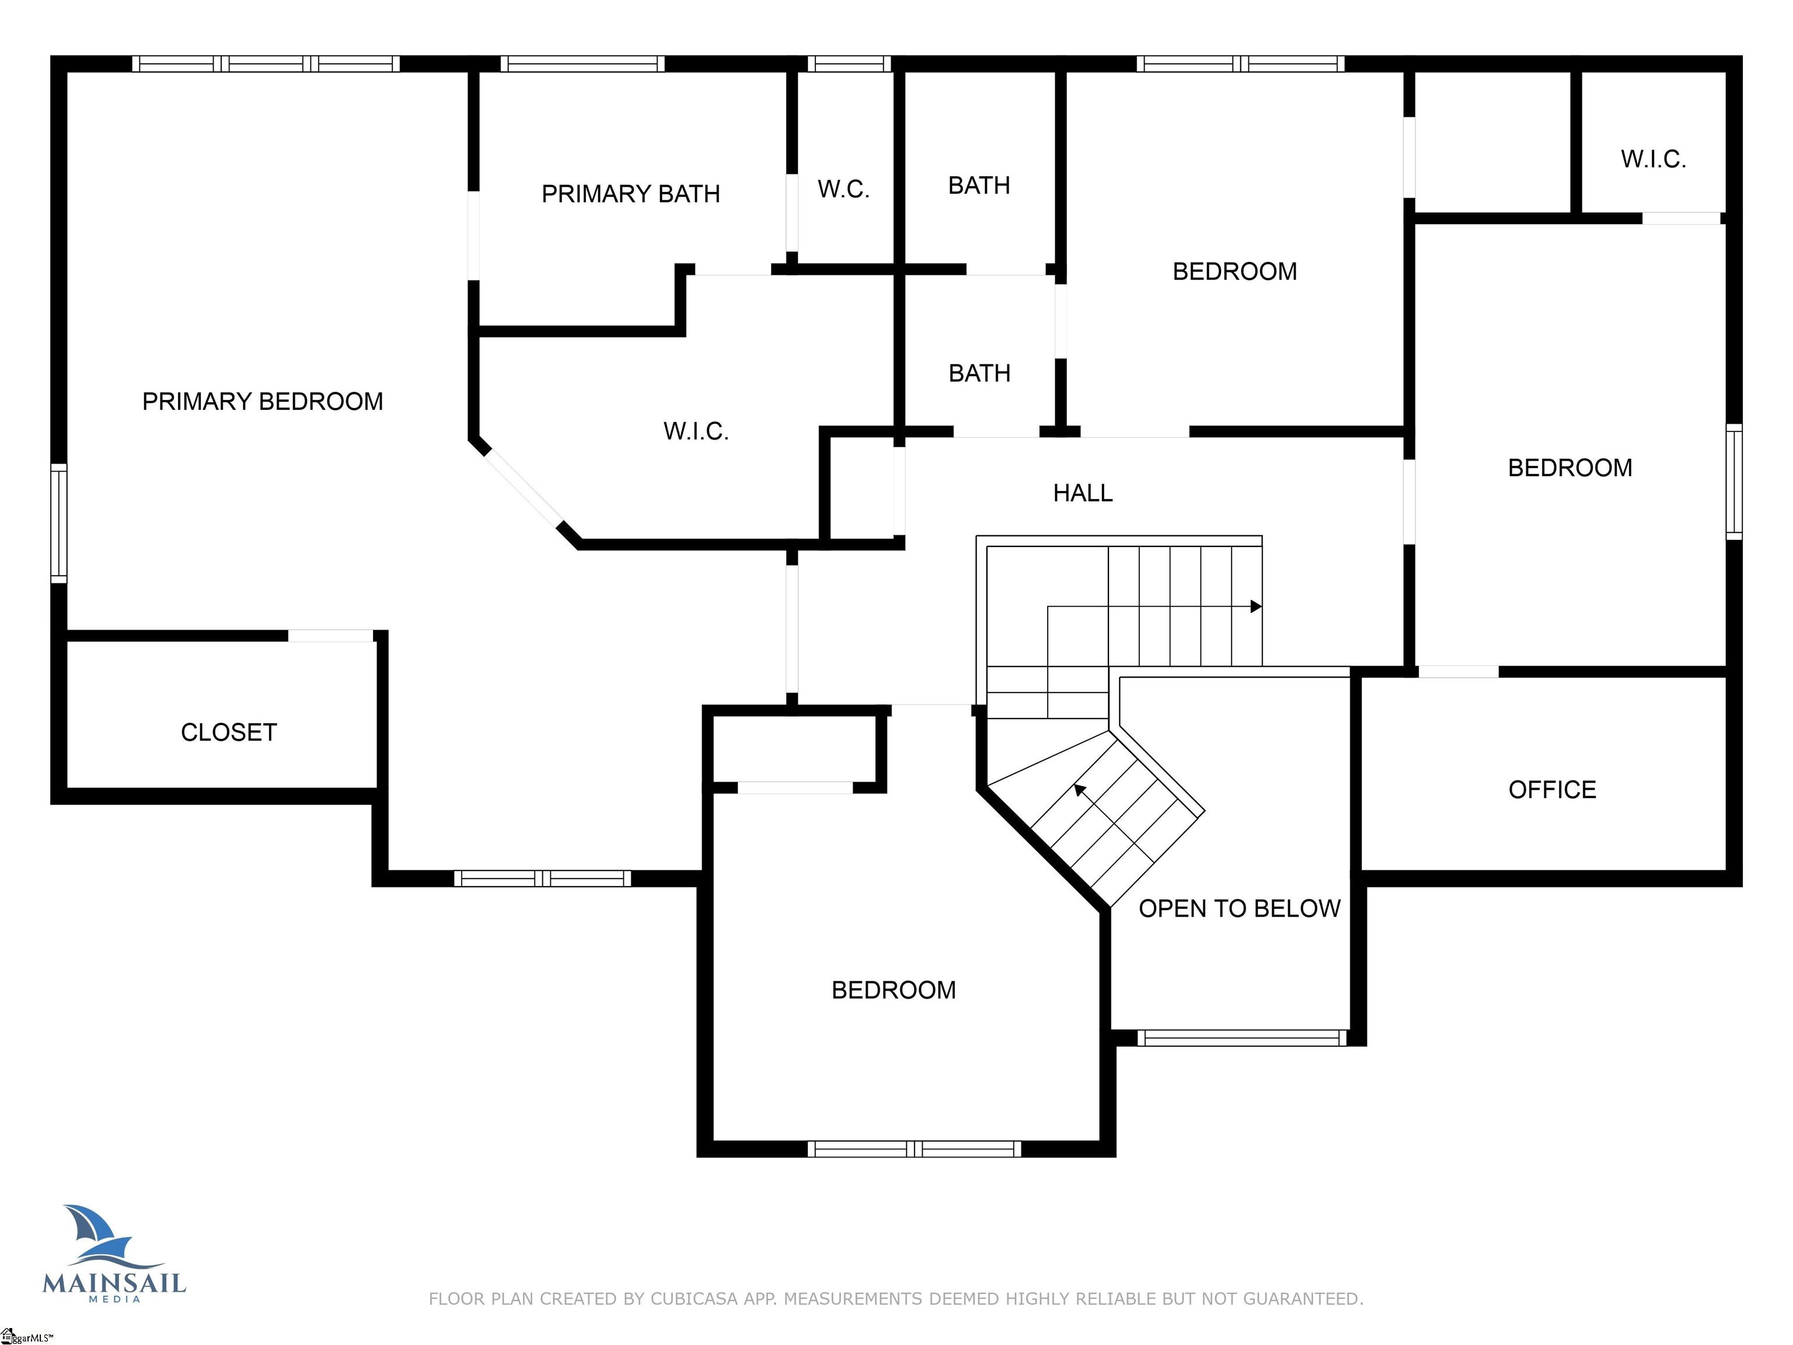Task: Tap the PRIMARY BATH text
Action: pyautogui.click(x=630, y=194)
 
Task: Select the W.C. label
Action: pyautogui.click(x=843, y=190)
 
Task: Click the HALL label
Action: pyautogui.click(x=1082, y=493)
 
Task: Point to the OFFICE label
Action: pyautogui.click(x=1551, y=790)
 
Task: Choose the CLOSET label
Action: pyautogui.click(x=229, y=733)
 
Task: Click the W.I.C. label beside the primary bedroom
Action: pyautogui.click(x=696, y=431)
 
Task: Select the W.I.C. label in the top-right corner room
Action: pyautogui.click(x=1653, y=159)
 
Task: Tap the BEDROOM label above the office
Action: pyautogui.click(x=1569, y=468)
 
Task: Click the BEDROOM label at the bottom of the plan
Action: pyautogui.click(x=893, y=990)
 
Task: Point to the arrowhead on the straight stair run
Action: pyautogui.click(x=1255, y=607)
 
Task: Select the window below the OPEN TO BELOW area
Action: pyautogui.click(x=1241, y=1038)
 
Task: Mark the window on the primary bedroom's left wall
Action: pyautogui.click(x=58, y=523)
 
